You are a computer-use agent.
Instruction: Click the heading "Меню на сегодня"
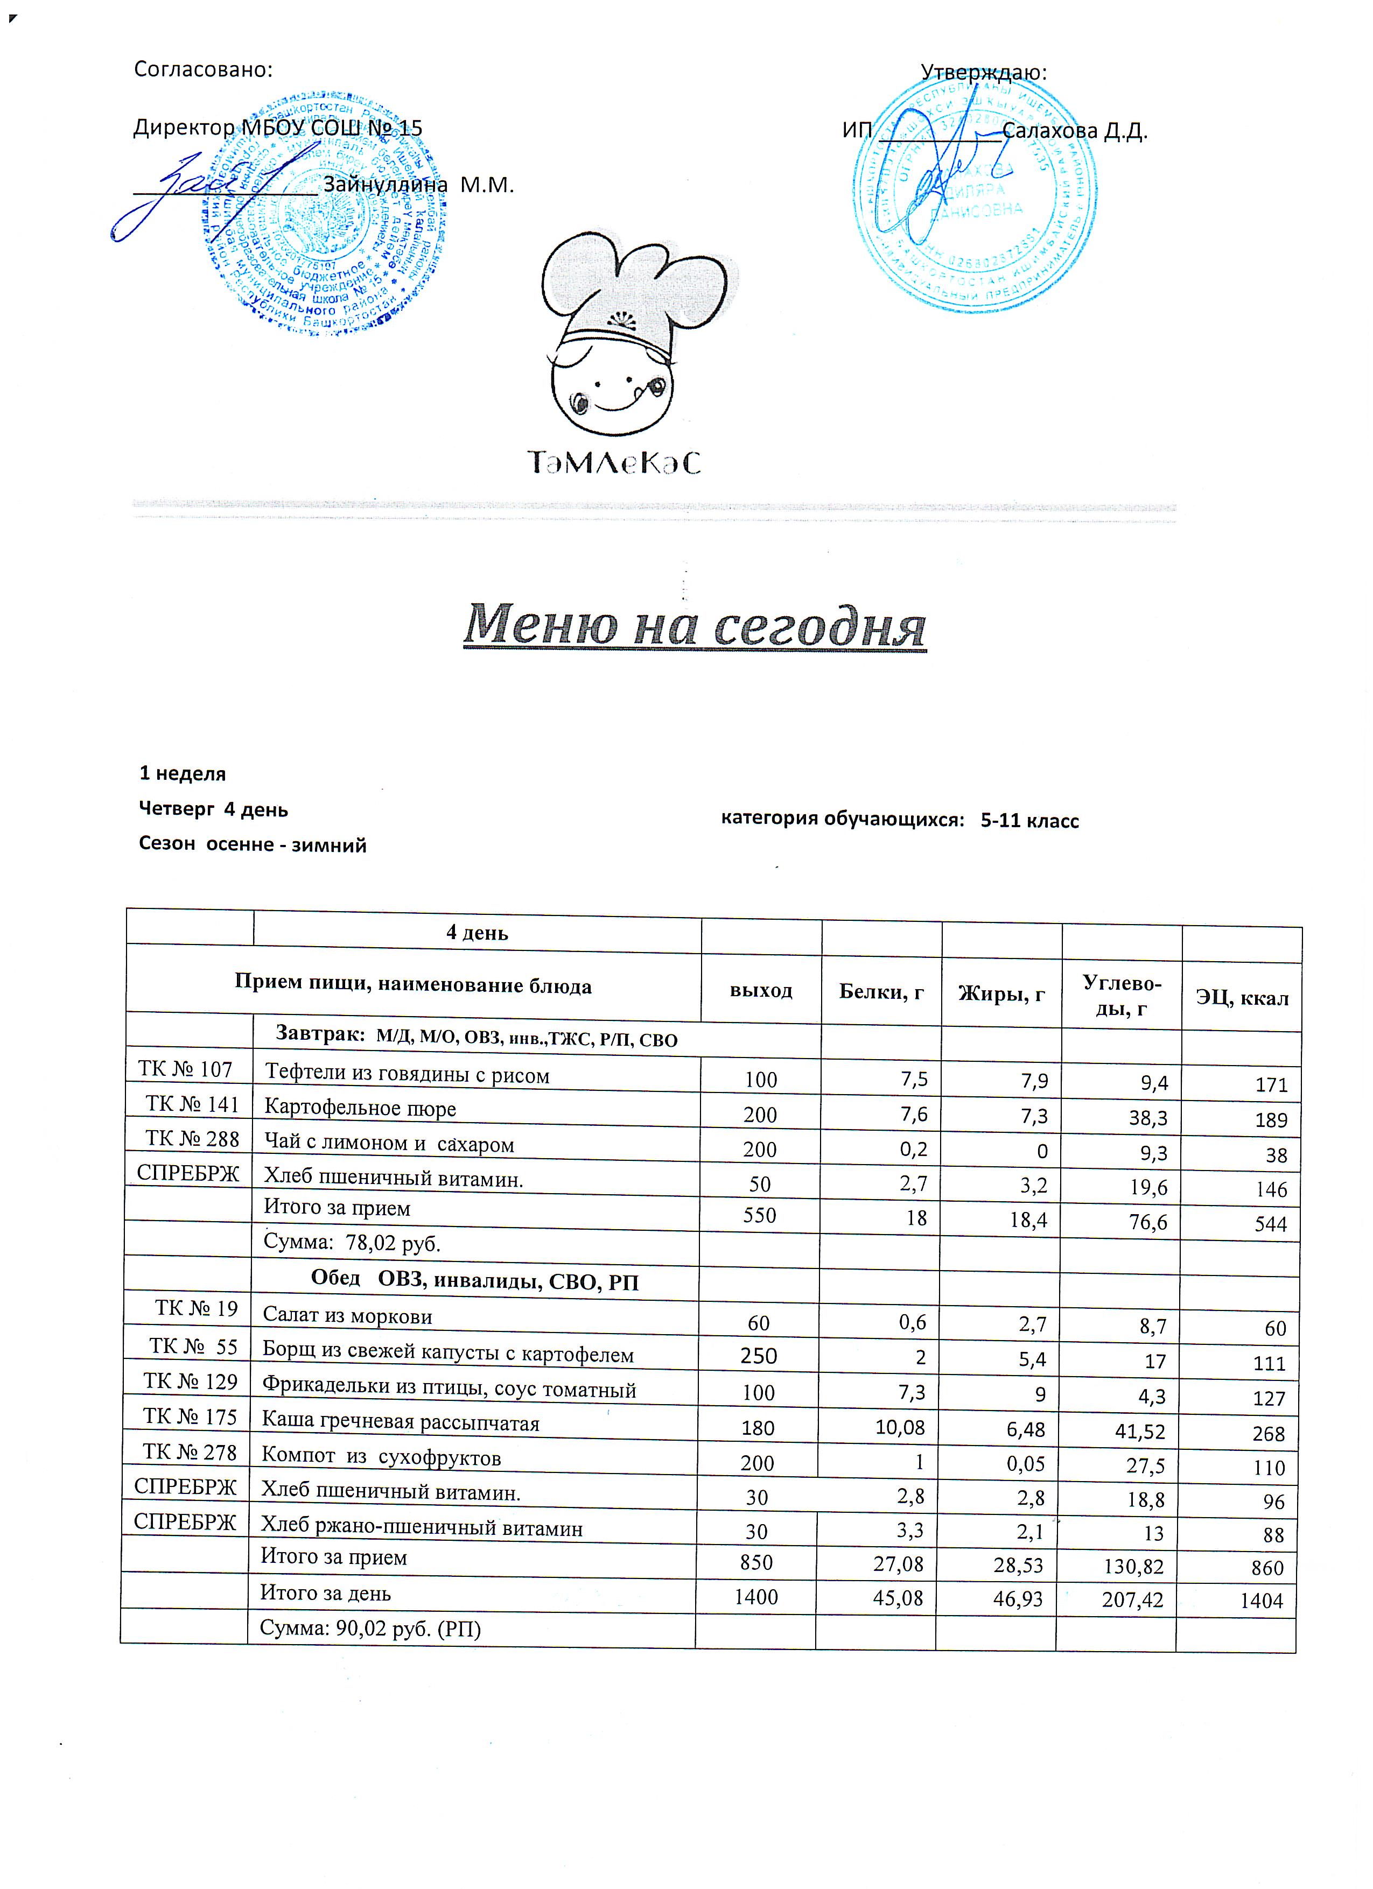pyautogui.click(x=694, y=625)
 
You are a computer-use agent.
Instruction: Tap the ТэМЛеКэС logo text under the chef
pyautogui.click(x=614, y=462)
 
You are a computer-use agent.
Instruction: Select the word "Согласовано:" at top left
pyautogui.click(x=204, y=69)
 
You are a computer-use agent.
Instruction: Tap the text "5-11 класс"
pyautogui.click(x=1029, y=820)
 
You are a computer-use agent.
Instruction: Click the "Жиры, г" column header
pyautogui.click(x=1001, y=993)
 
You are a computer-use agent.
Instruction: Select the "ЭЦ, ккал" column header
pyautogui.click(x=1242, y=998)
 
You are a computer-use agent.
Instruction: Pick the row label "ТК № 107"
pyautogui.click(x=185, y=1069)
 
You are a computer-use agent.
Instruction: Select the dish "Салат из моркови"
pyautogui.click(x=347, y=1316)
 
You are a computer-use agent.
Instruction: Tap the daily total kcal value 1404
pyautogui.click(x=1262, y=1601)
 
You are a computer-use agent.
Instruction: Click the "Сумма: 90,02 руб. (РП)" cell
pyautogui.click(x=371, y=1629)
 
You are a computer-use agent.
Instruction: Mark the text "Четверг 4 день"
pyautogui.click(x=213, y=809)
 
